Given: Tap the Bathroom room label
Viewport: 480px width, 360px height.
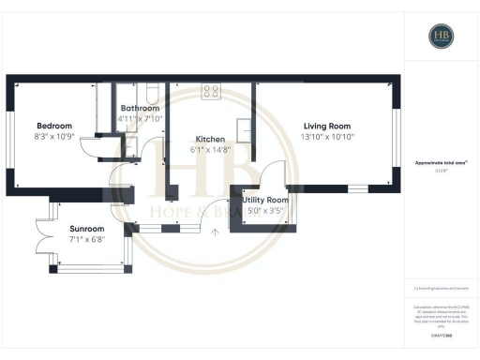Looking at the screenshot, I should coord(142,108).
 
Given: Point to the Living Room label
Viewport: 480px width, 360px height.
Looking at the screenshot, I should coord(326,126).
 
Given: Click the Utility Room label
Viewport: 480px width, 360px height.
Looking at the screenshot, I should coord(265,201).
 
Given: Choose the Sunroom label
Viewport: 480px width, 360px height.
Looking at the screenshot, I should coord(87,229).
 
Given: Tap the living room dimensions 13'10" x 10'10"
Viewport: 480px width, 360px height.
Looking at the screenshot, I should coord(326,137).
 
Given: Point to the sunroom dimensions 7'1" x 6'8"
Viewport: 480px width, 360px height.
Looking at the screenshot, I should coord(87,239).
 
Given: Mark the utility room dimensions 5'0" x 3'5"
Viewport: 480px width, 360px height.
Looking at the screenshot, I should coord(265,211).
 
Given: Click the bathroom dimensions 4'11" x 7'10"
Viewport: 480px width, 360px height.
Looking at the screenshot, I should coord(142,119).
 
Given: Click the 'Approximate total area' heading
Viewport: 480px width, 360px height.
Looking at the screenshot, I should coord(441,163).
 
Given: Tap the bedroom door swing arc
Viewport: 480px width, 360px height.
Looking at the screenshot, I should coord(90,148).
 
